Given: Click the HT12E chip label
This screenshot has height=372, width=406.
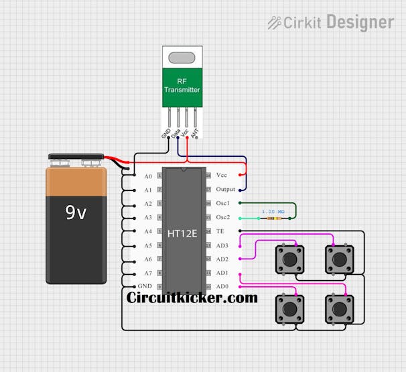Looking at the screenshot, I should click(x=182, y=234).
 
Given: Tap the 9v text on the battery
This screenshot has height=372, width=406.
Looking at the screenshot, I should click(x=76, y=213).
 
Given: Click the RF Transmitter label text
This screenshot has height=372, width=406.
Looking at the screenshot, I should click(x=182, y=86).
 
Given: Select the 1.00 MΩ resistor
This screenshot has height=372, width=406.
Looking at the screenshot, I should click(x=271, y=218).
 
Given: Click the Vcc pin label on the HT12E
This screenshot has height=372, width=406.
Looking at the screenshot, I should click(x=222, y=175).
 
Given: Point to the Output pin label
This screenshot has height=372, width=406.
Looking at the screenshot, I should click(x=226, y=190).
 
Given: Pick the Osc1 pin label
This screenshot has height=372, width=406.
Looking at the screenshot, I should click(x=223, y=203).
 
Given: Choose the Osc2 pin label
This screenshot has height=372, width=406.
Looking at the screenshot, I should click(x=223, y=217).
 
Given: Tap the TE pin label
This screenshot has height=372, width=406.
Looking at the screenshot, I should click(x=220, y=231).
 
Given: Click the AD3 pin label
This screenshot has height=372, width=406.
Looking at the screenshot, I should click(x=222, y=245).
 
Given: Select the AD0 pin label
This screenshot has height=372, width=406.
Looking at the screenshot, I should click(x=222, y=287).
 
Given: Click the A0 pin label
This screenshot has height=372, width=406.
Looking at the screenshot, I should click(x=148, y=176).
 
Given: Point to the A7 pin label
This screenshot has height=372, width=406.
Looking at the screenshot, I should click(x=148, y=273).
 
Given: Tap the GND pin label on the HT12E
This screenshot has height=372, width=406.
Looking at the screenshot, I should click(x=145, y=287).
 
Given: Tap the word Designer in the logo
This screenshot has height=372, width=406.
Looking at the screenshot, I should click(x=360, y=22).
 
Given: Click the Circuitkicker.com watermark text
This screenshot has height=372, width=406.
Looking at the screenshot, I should click(x=192, y=298).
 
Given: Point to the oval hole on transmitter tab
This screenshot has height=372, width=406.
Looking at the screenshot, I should click(x=182, y=58).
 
